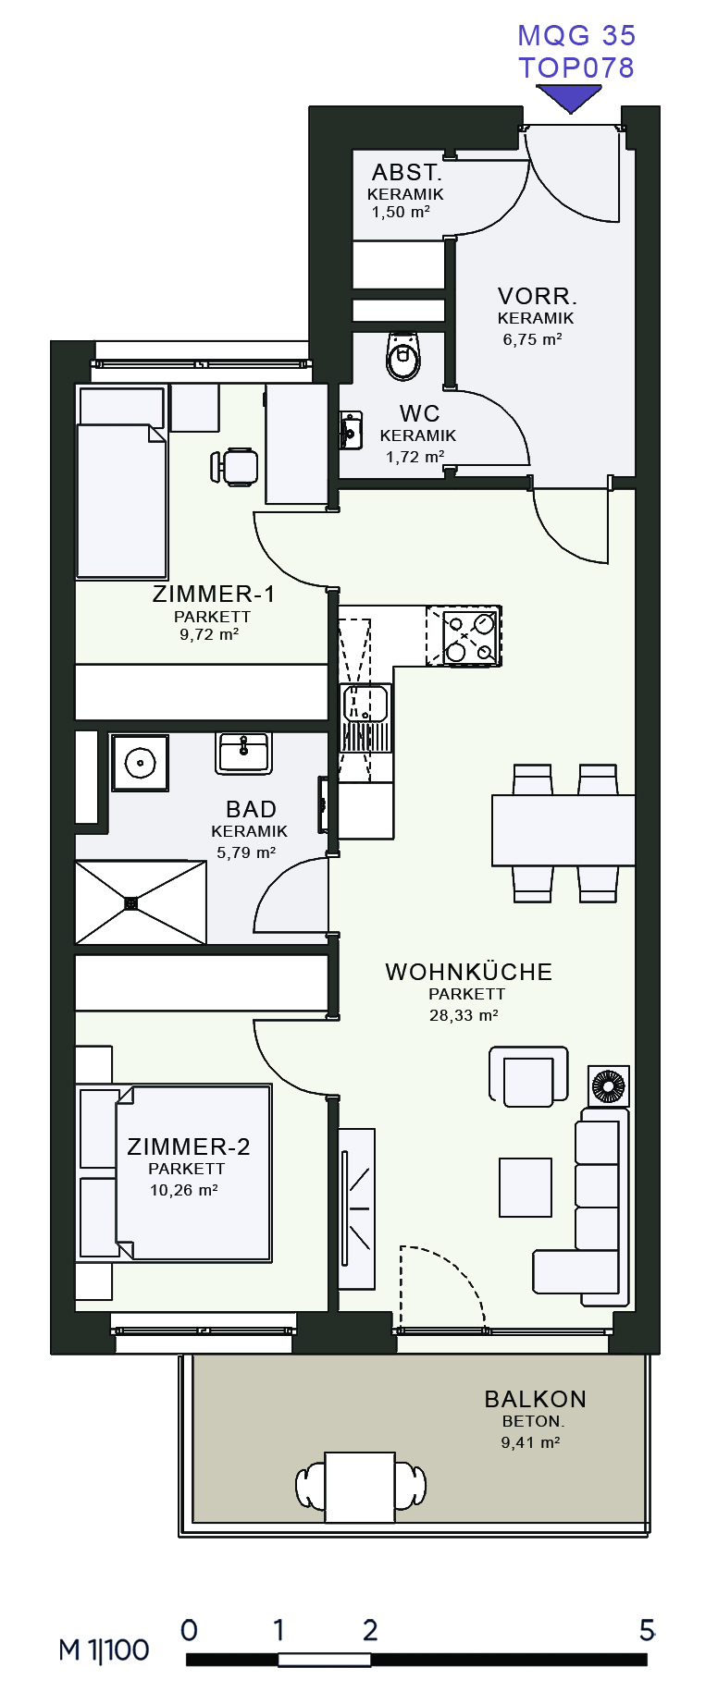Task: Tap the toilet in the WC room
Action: click(x=402, y=356)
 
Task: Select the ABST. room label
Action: click(x=407, y=173)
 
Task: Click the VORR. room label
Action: click(x=538, y=297)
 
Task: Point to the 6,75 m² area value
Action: click(x=533, y=339)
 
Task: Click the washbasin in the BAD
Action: click(x=243, y=753)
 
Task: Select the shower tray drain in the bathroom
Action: click(x=131, y=903)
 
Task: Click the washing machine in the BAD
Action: click(x=140, y=763)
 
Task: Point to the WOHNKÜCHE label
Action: click(x=469, y=972)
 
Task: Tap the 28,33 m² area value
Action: click(x=464, y=1015)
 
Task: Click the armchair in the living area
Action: click(x=528, y=1075)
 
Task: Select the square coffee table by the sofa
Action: click(x=526, y=1187)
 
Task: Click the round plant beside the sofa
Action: click(x=609, y=1086)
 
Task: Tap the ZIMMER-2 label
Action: click(x=189, y=1146)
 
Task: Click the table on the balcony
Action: click(x=361, y=1487)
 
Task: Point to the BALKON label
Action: click(x=535, y=1399)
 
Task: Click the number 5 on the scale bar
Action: click(x=647, y=1630)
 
